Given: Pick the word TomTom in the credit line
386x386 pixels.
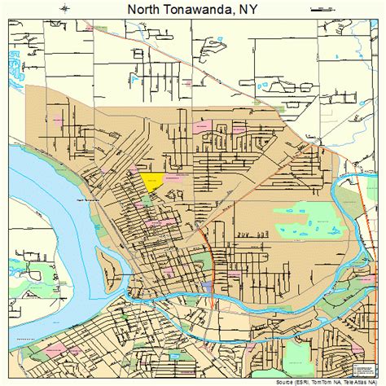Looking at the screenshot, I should (x=324, y=380).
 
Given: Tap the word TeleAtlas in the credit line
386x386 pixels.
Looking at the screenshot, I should (x=361, y=380).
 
